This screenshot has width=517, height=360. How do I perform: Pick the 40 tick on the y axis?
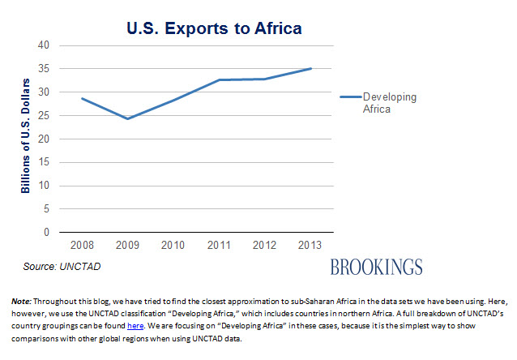pyautogui.click(x=44, y=45)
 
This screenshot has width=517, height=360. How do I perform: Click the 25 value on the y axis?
pyautogui.click(x=44, y=115)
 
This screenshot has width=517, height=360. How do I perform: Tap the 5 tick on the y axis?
pyautogui.click(x=46, y=209)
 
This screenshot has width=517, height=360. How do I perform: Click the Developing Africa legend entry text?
pyautogui.click(x=389, y=103)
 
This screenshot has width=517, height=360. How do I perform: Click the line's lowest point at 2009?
pyautogui.click(x=128, y=118)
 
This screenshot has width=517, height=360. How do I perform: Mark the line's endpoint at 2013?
pyautogui.click(x=310, y=69)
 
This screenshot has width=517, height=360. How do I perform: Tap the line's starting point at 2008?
pyautogui.click(x=82, y=98)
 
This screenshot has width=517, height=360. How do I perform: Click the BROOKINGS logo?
pyautogui.click(x=376, y=267)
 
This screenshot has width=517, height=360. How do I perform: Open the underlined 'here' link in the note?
pyautogui.click(x=135, y=325)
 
